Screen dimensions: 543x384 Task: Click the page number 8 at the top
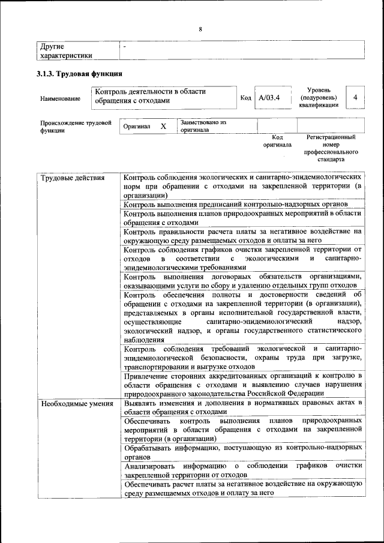click(x=200, y=29)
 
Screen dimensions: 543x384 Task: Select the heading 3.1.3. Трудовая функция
click(x=80, y=74)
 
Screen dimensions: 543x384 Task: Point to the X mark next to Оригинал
click(x=163, y=127)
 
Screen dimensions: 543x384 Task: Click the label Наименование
click(x=60, y=98)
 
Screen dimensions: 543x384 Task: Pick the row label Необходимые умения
click(x=77, y=403)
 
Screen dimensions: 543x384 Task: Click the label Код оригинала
click(x=277, y=141)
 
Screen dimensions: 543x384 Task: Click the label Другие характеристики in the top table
click(x=66, y=51)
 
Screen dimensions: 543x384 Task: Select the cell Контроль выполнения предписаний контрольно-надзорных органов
click(x=236, y=205)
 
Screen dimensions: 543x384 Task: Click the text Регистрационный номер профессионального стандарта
click(x=331, y=149)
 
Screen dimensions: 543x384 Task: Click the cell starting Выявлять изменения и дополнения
click(x=242, y=407)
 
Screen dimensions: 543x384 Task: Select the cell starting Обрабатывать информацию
click(x=242, y=452)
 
